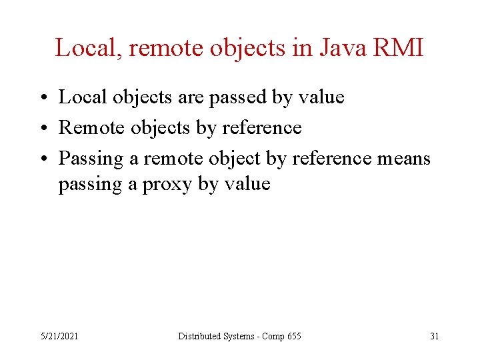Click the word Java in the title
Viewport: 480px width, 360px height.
point(341,48)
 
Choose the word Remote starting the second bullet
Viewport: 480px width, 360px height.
point(92,127)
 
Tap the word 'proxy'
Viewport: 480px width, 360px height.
point(167,184)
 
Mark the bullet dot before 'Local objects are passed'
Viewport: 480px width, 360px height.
point(42,98)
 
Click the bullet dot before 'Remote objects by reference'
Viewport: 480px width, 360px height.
point(42,128)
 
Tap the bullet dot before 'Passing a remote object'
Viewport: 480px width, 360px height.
point(42,159)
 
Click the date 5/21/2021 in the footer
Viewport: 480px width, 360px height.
point(59,336)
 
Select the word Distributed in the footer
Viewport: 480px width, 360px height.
point(197,336)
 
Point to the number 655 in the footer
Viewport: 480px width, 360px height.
point(293,336)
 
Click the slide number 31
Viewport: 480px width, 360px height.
point(434,336)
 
